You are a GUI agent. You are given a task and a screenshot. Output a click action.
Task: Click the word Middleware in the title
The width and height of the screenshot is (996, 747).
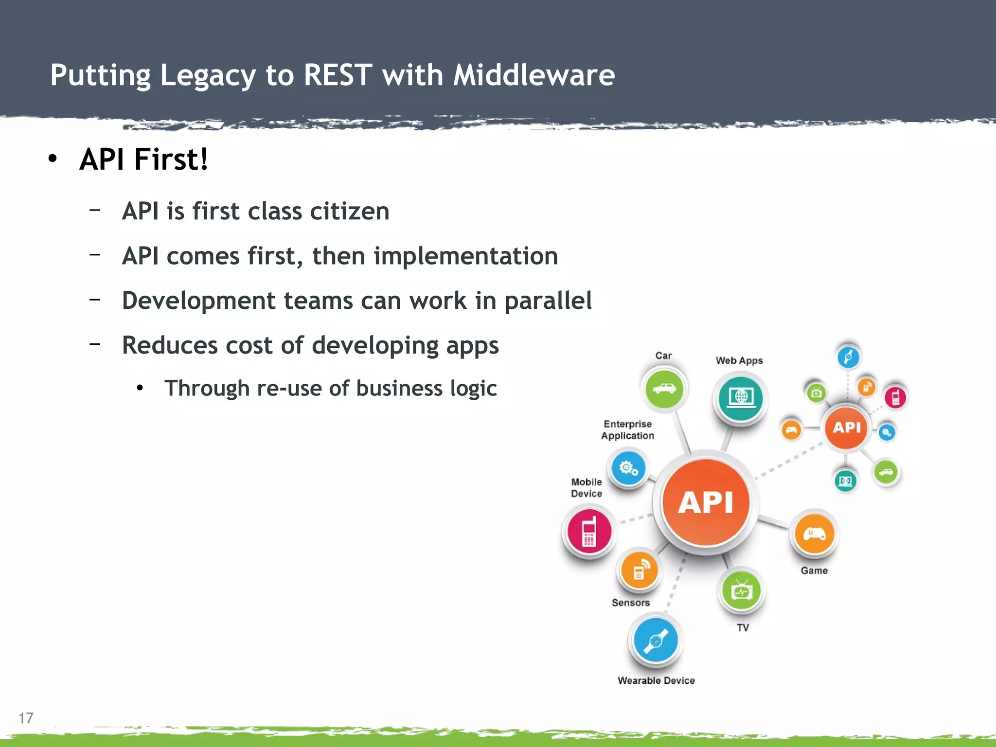(x=534, y=75)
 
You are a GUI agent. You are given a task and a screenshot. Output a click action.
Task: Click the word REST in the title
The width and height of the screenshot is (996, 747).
(x=338, y=75)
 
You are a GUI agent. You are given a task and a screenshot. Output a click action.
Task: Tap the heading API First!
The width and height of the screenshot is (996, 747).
(x=144, y=159)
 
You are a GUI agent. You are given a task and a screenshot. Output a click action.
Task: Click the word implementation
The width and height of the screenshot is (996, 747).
(x=465, y=256)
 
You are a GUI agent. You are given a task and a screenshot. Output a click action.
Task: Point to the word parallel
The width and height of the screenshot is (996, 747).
(x=548, y=301)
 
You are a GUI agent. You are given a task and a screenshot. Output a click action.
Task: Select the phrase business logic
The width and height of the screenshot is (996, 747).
(x=426, y=388)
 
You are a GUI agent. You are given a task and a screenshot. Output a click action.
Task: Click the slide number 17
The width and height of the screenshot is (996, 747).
(x=26, y=718)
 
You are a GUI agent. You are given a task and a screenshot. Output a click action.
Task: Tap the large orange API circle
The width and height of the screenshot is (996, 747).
(x=705, y=502)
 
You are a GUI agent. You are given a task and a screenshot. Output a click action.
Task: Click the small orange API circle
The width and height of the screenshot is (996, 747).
(x=846, y=427)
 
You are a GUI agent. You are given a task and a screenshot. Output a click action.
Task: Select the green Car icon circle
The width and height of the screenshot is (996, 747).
(x=664, y=389)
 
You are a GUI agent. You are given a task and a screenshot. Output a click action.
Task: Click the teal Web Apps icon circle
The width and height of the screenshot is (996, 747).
(x=741, y=398)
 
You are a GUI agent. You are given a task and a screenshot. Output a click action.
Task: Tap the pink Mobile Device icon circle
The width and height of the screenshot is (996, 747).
(x=589, y=532)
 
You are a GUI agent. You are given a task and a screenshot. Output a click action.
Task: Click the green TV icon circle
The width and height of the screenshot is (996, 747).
(x=742, y=591)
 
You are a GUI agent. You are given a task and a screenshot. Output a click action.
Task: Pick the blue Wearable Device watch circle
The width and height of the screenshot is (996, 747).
(x=656, y=640)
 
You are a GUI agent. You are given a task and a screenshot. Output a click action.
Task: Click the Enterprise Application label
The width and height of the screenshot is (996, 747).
(x=627, y=430)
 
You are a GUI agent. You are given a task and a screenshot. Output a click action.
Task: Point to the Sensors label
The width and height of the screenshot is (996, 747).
(x=630, y=603)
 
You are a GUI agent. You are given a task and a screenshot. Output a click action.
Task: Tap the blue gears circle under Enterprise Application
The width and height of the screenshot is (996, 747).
(x=628, y=468)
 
